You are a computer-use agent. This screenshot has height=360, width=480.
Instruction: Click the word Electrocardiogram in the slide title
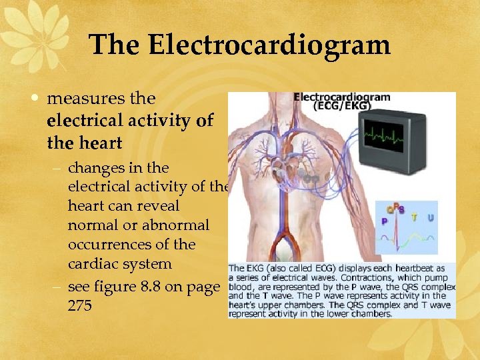(269, 45)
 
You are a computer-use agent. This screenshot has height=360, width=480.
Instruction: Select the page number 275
(80, 306)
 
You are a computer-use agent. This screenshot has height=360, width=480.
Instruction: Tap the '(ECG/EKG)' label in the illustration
(342, 107)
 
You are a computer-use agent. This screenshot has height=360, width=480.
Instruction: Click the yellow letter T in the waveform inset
(415, 217)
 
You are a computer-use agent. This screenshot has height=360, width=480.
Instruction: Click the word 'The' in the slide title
(115, 45)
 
